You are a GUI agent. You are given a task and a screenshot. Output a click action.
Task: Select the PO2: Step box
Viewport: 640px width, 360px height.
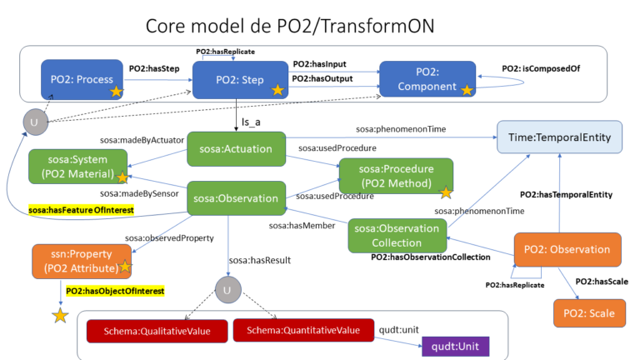click(x=239, y=79)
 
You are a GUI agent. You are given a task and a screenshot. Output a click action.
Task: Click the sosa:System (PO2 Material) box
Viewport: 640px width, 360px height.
click(x=78, y=167)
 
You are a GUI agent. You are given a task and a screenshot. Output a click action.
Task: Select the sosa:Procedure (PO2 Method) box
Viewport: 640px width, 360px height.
click(x=396, y=176)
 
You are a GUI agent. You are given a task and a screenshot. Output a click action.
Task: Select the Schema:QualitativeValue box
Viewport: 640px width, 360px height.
click(x=157, y=332)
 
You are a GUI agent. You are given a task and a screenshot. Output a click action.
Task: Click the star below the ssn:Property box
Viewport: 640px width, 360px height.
click(x=60, y=317)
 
